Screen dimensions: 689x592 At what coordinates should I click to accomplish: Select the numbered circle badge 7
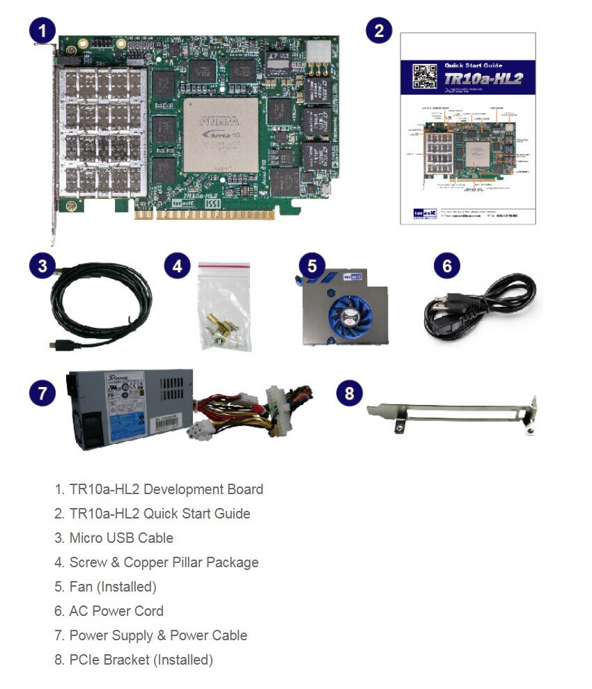tap(42, 393)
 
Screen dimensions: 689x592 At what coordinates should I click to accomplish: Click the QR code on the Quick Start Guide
tap(424, 75)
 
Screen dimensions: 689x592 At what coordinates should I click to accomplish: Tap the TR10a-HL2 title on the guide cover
tap(483, 79)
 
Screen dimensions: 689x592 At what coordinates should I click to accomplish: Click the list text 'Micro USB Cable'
tap(120, 538)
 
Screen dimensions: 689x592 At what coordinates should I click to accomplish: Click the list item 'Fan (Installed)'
tap(112, 587)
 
